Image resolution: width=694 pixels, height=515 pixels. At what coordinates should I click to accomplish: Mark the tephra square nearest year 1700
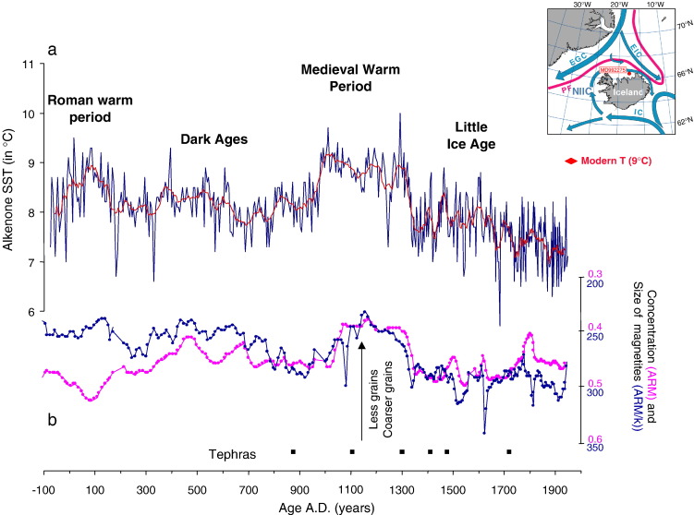point(509,451)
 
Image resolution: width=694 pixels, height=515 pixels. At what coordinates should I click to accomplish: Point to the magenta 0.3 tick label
point(596,273)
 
